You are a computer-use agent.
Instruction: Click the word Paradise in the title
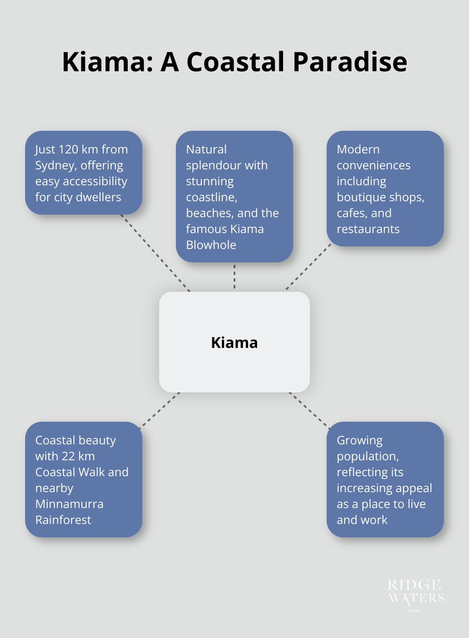click(350, 62)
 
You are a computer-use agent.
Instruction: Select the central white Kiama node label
click(234, 342)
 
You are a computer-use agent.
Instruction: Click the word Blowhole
click(211, 245)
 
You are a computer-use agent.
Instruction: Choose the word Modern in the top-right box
click(358, 150)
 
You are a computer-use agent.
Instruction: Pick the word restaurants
click(368, 229)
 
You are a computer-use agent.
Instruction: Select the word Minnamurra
click(70, 504)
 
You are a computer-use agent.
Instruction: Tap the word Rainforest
click(63, 520)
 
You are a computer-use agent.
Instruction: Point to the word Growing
click(360, 441)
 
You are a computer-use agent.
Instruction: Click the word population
click(368, 456)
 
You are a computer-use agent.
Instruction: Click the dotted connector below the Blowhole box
click(234, 277)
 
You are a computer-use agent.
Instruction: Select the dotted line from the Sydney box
click(156, 253)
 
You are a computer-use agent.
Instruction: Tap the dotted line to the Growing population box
click(309, 410)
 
